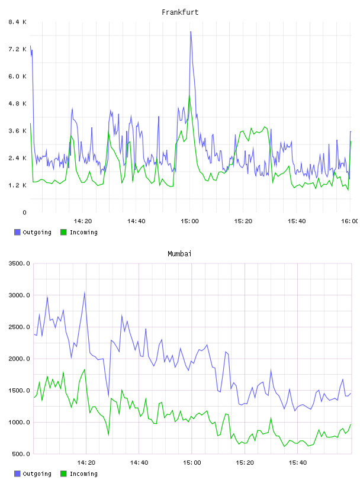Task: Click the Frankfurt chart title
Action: click(x=180, y=12)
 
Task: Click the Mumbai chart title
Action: click(x=179, y=254)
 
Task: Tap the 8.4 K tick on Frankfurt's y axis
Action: click(x=18, y=22)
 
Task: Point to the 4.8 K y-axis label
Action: click(x=18, y=104)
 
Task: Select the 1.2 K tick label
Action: click(x=18, y=185)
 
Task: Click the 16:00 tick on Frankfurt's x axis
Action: click(x=349, y=221)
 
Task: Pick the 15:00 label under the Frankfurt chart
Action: click(x=189, y=221)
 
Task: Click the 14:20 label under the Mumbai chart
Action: click(x=86, y=463)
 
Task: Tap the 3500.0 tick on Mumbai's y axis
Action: click(x=20, y=263)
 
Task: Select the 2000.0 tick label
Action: click(x=20, y=359)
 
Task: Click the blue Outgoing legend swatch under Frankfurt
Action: click(x=17, y=232)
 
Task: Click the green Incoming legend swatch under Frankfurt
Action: click(x=63, y=232)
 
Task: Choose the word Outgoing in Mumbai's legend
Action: click(x=37, y=474)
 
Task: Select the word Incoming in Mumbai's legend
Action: click(x=83, y=474)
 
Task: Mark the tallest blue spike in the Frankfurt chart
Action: click(x=191, y=32)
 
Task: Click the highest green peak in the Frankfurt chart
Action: click(x=189, y=96)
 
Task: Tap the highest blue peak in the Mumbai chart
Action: click(x=85, y=292)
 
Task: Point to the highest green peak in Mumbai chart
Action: click(x=85, y=369)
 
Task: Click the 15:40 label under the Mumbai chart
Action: click(x=298, y=463)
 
